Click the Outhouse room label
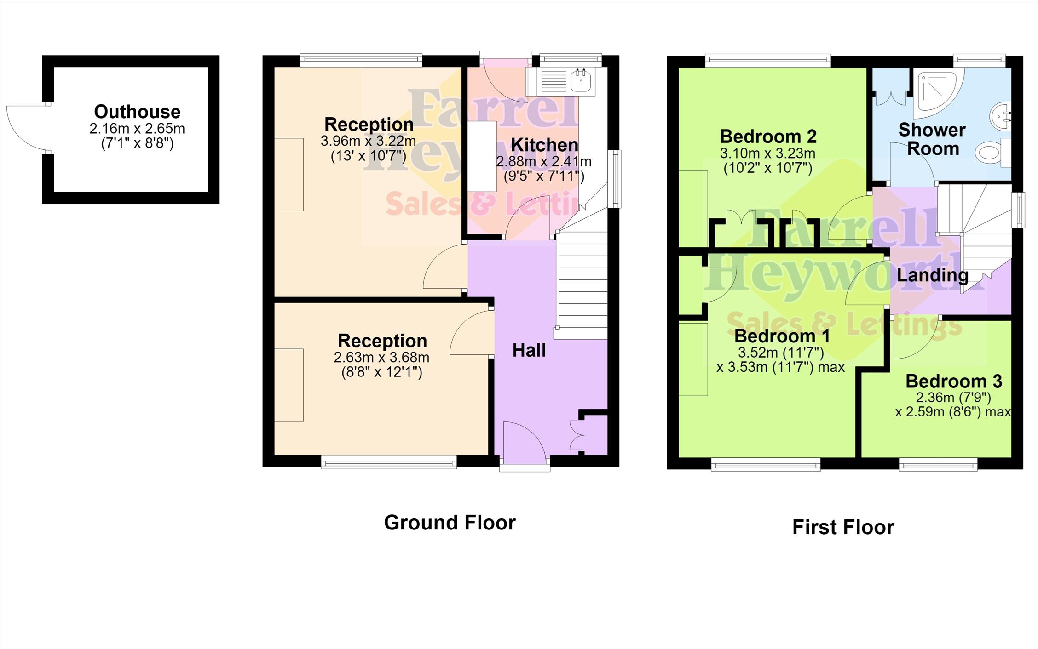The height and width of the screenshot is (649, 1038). coord(137,112)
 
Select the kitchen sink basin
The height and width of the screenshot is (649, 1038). coord(581,81)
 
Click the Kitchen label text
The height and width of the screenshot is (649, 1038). coord(544,145)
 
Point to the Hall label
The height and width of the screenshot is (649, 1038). coord(529,350)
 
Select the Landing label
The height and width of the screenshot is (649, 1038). coord(933,275)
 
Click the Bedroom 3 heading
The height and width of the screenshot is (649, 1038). coord(954,381)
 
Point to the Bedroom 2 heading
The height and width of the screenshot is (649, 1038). coord(768,136)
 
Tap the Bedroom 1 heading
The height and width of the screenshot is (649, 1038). coord(782,336)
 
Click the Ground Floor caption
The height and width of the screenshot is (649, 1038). coord(450,523)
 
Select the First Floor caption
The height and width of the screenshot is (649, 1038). coord(843,527)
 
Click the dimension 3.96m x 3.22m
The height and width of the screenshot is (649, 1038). coord(368,141)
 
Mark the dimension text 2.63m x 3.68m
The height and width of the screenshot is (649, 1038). coord(381,357)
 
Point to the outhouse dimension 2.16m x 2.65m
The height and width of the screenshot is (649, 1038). coord(137,129)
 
